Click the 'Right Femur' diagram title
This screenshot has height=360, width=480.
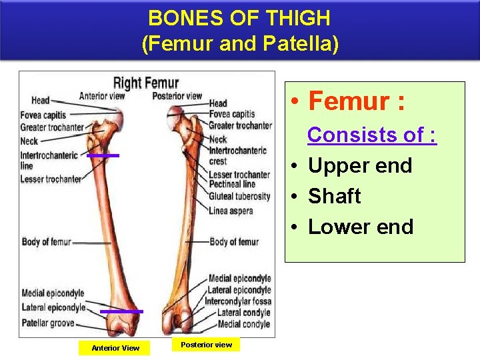146,83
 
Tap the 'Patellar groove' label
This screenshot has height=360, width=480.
47,323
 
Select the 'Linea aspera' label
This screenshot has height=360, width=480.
231,211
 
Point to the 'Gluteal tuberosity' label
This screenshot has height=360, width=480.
239,197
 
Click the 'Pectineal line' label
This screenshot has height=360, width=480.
231,184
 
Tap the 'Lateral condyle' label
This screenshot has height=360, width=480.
243,313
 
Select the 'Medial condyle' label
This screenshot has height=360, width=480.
243,324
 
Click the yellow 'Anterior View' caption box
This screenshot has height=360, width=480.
115,347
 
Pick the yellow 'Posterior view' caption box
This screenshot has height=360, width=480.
207,345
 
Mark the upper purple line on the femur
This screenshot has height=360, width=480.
103,155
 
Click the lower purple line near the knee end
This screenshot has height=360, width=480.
121,311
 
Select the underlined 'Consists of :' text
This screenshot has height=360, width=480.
371,135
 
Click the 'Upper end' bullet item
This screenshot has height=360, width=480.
360,165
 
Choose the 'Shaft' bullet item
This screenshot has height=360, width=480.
334,196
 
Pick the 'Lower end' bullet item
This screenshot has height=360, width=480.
360,227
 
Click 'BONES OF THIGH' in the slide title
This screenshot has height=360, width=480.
239,17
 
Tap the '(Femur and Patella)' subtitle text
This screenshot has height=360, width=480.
240,44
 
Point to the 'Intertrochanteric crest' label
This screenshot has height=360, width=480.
237,155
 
